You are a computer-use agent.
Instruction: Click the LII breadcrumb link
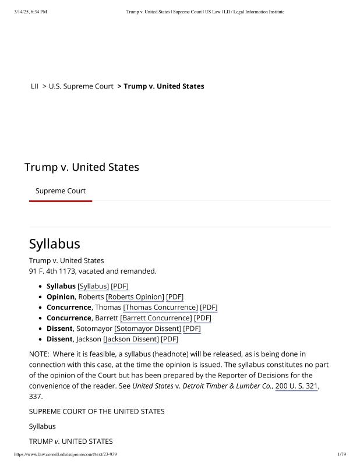coord(34,86)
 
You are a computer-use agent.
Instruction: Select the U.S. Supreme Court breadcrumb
coord(81,86)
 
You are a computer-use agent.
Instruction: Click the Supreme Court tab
coord(60,190)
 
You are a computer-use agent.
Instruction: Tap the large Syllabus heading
coord(54,243)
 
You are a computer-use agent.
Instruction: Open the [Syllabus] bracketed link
coord(93,286)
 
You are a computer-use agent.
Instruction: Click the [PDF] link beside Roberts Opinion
coord(175,296)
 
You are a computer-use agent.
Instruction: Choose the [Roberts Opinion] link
coord(135,296)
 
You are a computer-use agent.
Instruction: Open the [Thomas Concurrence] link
coord(160,307)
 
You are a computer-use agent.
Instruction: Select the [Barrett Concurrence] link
coord(156,318)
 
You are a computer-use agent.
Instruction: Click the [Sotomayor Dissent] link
coord(147,329)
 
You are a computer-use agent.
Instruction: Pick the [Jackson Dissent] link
coord(130,339)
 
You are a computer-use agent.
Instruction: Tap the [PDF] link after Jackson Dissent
coord(170,339)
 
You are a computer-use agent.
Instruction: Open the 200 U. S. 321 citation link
coord(297,386)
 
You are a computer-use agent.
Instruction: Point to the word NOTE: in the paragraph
coord(40,354)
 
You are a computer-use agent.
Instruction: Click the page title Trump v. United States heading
coord(82,167)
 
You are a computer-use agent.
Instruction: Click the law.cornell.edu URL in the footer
coord(65,454)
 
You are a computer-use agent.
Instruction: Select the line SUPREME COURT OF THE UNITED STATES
coord(97,411)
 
